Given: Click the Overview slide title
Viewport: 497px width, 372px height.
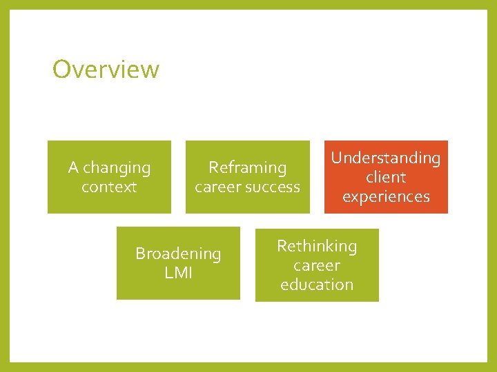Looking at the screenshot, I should coord(106,69).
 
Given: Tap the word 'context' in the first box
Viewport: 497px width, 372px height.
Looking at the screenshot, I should coord(109,187).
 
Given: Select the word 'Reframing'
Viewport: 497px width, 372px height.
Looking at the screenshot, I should coord(247,167).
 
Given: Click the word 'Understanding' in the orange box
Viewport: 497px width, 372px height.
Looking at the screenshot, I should coord(385,158).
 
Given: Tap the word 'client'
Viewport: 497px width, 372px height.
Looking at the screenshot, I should coord(385,177).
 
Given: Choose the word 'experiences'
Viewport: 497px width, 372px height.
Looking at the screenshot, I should coord(385,196).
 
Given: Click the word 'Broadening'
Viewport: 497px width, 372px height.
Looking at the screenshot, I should coord(178,254).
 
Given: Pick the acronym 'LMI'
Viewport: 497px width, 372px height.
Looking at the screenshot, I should coord(178,273).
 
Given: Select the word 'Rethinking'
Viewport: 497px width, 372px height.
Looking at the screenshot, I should coord(317,246).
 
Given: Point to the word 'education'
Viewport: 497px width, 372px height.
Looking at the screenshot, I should coord(317,285).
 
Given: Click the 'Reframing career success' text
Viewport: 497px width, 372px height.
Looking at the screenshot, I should coord(247,177).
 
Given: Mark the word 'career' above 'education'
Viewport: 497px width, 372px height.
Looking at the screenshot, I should coord(317,265).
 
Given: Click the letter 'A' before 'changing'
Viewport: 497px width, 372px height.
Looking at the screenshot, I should coord(73,168).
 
